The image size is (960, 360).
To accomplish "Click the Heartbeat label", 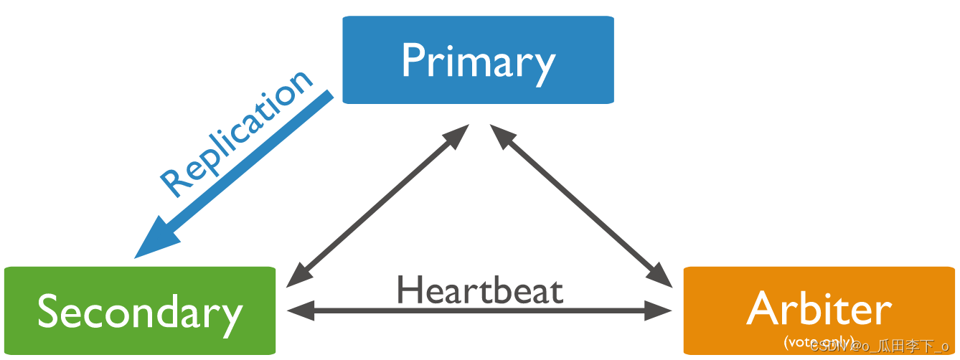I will [479, 290].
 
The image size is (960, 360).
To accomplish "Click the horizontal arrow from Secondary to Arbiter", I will [479, 311].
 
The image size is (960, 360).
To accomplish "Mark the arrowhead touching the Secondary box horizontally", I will [298, 311].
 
